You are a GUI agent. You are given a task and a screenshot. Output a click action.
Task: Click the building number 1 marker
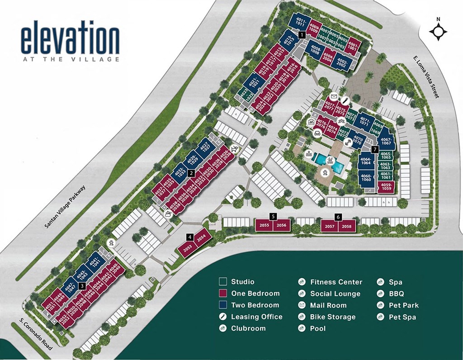302,34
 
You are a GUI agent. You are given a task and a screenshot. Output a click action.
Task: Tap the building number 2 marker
191,172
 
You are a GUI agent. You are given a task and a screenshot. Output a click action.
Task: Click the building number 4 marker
190,237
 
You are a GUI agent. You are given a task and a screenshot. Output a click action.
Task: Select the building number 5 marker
273,216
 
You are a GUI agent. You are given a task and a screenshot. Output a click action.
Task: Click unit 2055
265,225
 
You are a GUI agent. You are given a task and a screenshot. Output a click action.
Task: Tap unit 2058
347,226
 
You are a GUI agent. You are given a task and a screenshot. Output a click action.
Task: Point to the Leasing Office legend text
256,317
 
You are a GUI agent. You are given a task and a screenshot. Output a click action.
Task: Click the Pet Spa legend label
402,317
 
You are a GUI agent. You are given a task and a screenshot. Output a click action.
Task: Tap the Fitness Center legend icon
301,281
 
